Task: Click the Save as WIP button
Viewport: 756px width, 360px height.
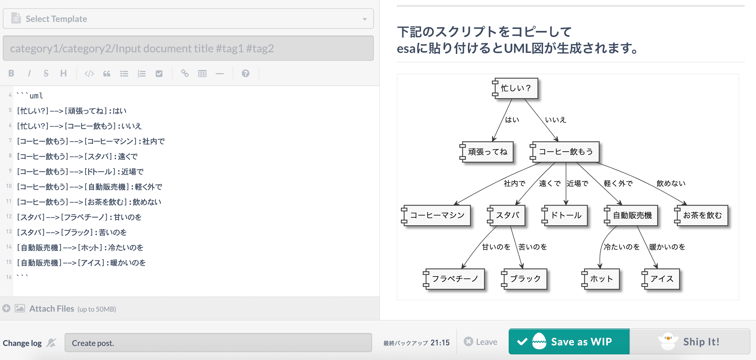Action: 569,341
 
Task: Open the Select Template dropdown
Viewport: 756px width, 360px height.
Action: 188,19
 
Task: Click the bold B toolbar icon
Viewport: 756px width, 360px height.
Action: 12,73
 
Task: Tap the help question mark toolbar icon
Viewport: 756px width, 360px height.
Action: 245,73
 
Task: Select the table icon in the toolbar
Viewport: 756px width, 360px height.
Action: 202,73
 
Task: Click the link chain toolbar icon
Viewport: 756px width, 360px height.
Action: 185,73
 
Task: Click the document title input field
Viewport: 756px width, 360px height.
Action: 188,48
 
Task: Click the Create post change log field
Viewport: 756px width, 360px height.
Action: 218,343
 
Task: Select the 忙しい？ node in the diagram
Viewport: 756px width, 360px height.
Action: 515,88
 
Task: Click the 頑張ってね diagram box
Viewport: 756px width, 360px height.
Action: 487,152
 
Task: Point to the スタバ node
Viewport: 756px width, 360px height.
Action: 507,215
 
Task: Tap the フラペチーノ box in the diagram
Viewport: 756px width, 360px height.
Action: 455,279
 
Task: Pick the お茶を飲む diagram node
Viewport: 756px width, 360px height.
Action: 702,215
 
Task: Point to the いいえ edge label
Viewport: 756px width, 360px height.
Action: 555,120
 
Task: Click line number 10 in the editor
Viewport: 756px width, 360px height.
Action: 9,186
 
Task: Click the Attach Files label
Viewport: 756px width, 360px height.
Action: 52,309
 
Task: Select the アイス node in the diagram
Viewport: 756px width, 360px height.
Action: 662,279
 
